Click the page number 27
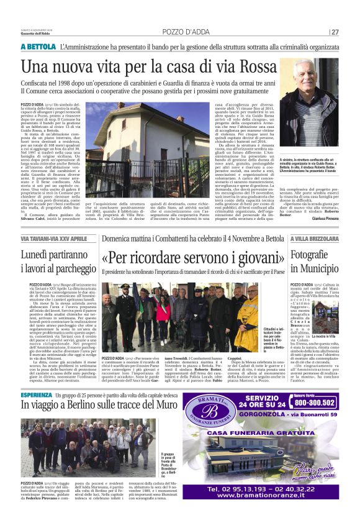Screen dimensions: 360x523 tap(335, 32)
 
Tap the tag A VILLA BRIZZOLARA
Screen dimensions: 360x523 tap(314, 239)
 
